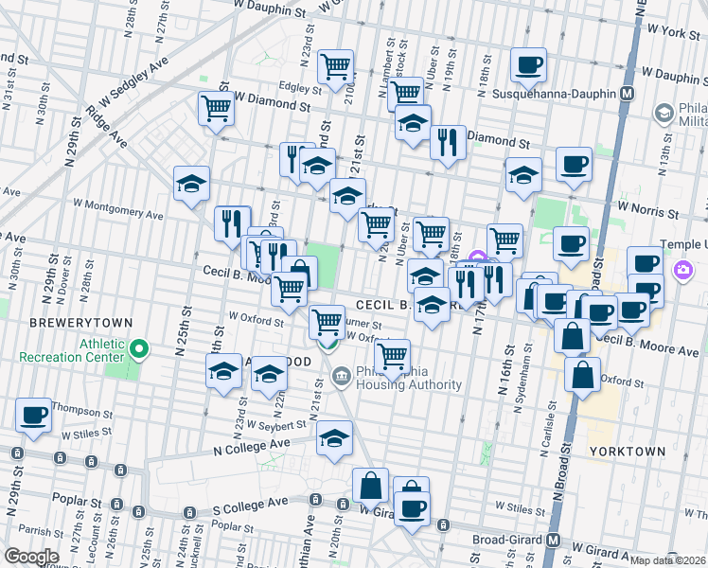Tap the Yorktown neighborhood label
coord(627,452)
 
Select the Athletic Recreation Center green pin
coord(138,350)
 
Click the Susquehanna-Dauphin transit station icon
coord(626,95)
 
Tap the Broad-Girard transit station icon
coord(556,541)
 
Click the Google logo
coord(31,557)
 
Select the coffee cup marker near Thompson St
coord(34,415)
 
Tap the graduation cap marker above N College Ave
coord(333,438)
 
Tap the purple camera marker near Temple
coord(681,273)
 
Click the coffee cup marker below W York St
coord(528,64)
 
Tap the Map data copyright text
coord(667,560)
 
